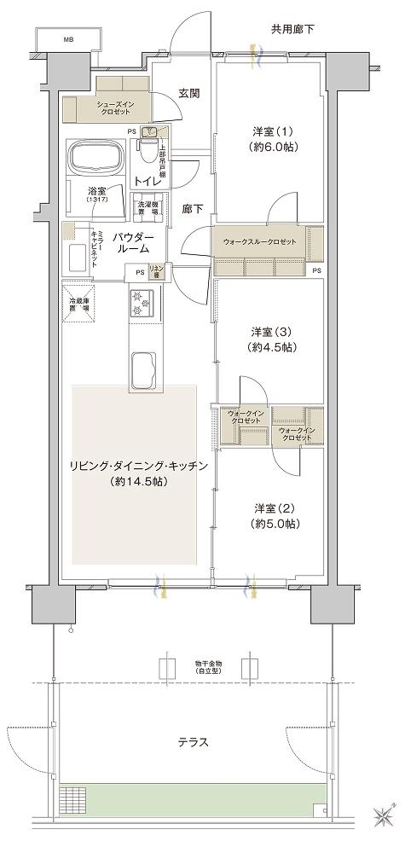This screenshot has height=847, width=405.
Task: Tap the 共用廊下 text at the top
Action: (x=292, y=29)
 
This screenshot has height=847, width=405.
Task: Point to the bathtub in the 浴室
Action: (x=95, y=157)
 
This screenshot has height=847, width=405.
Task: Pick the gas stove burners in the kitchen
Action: (x=141, y=301)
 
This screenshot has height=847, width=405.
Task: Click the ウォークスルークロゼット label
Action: (x=260, y=242)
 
